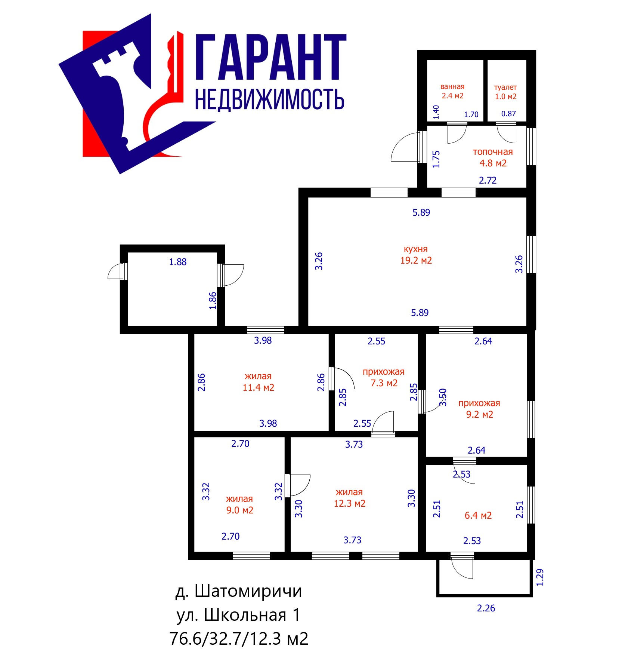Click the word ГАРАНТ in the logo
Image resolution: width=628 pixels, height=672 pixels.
click(271, 57)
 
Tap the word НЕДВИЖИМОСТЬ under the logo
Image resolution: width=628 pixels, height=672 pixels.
click(269, 99)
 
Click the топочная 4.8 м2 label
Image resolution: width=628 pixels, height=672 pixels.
click(493, 157)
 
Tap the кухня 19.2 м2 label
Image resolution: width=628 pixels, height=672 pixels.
click(416, 255)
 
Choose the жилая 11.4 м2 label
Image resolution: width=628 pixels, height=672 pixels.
click(258, 382)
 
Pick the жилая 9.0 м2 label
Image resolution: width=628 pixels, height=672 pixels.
click(239, 504)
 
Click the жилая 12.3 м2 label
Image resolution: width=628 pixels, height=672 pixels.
click(349, 498)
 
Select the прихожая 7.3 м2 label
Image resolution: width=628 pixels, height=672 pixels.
click(384, 377)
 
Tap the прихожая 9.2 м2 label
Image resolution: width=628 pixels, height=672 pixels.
click(479, 409)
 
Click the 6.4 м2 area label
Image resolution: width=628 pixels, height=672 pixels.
click(478, 515)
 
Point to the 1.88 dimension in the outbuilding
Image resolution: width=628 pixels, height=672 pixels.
click(178, 262)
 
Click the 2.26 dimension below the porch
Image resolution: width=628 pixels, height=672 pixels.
click(486, 608)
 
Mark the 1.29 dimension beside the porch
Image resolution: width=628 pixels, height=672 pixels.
click(540, 577)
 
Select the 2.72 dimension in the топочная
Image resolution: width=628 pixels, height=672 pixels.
click(488, 180)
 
